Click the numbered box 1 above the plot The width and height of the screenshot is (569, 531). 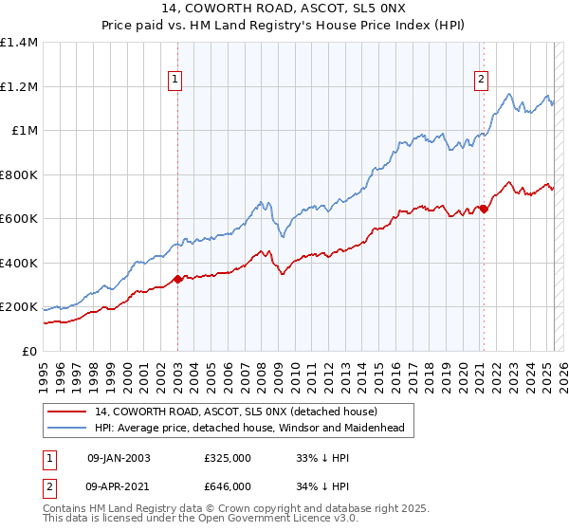click(x=177, y=81)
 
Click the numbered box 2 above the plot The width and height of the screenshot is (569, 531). click(x=482, y=81)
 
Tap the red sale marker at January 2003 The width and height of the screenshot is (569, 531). click(x=177, y=279)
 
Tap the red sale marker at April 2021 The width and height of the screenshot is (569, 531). click(x=484, y=209)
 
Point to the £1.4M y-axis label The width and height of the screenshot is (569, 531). click(x=19, y=43)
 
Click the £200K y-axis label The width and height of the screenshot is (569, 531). click(x=19, y=307)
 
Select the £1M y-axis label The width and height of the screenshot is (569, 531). click(x=24, y=131)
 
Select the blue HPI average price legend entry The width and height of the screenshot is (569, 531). click(x=249, y=428)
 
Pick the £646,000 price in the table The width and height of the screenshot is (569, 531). click(x=228, y=486)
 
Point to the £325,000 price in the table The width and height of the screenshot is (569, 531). click(x=228, y=458)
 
